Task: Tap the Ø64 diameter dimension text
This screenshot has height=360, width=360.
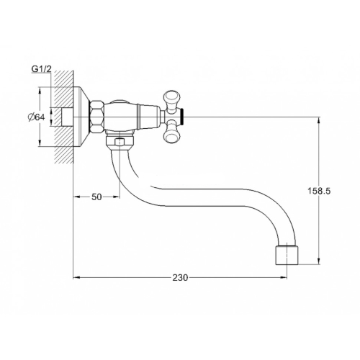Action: [36, 117]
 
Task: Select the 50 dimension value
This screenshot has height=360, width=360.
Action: [96, 197]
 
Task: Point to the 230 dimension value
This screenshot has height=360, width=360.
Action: [180, 278]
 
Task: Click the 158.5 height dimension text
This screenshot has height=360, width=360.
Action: [319, 191]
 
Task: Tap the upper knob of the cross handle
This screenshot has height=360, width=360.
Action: [171, 99]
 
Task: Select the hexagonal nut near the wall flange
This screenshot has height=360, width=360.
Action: [96, 117]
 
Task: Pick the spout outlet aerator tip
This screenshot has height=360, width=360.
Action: [287, 255]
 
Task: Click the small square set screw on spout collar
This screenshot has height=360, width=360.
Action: [120, 142]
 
